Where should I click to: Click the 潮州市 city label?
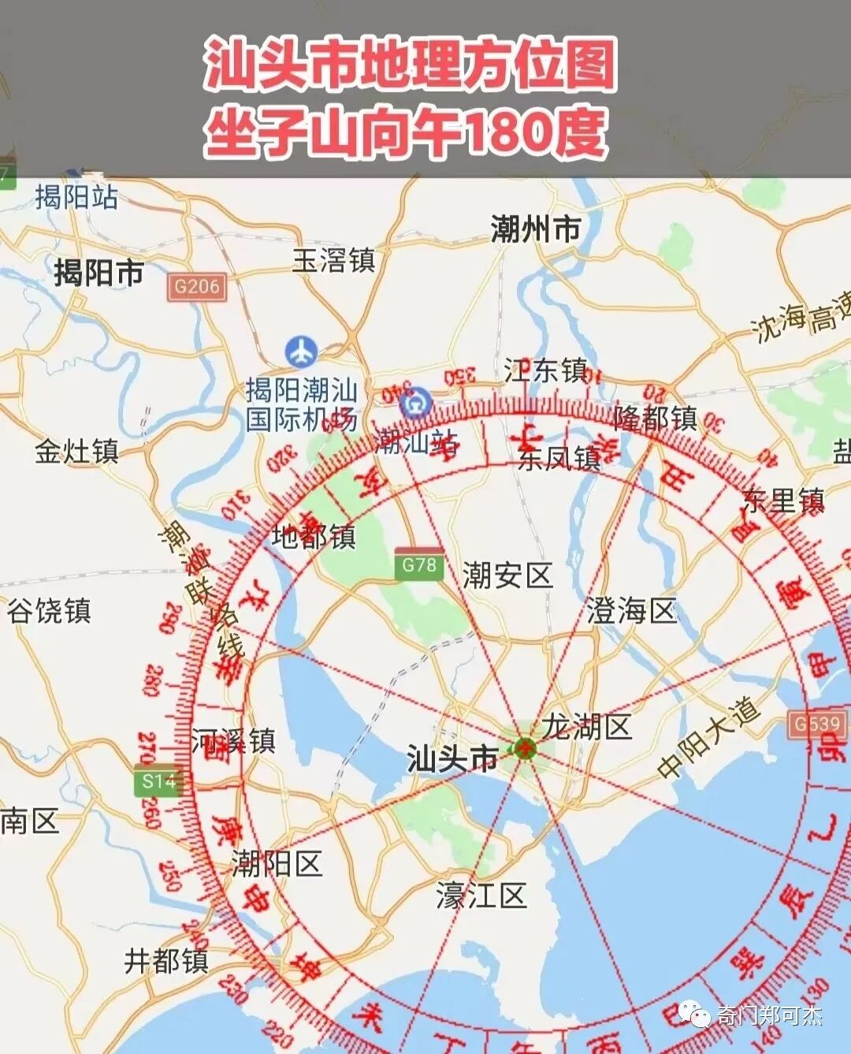click(535, 229)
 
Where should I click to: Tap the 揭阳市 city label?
click(98, 274)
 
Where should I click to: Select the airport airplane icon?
click(301, 352)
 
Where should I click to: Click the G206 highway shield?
click(196, 286)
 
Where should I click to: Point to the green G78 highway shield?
click(419, 564)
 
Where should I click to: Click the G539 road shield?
click(816, 724)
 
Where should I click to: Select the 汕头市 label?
click(452, 758)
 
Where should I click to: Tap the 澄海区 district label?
click(632, 610)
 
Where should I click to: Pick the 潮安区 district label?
click(507, 575)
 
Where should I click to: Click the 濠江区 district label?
click(481, 896)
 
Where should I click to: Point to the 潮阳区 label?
click(277, 864)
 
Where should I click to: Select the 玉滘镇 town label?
click(333, 260)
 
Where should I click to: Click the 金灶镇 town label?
click(76, 452)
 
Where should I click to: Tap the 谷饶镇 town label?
click(50, 611)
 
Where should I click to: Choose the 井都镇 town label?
click(166, 961)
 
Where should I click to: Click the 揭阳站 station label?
click(76, 197)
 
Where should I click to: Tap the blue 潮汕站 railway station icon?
click(413, 404)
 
